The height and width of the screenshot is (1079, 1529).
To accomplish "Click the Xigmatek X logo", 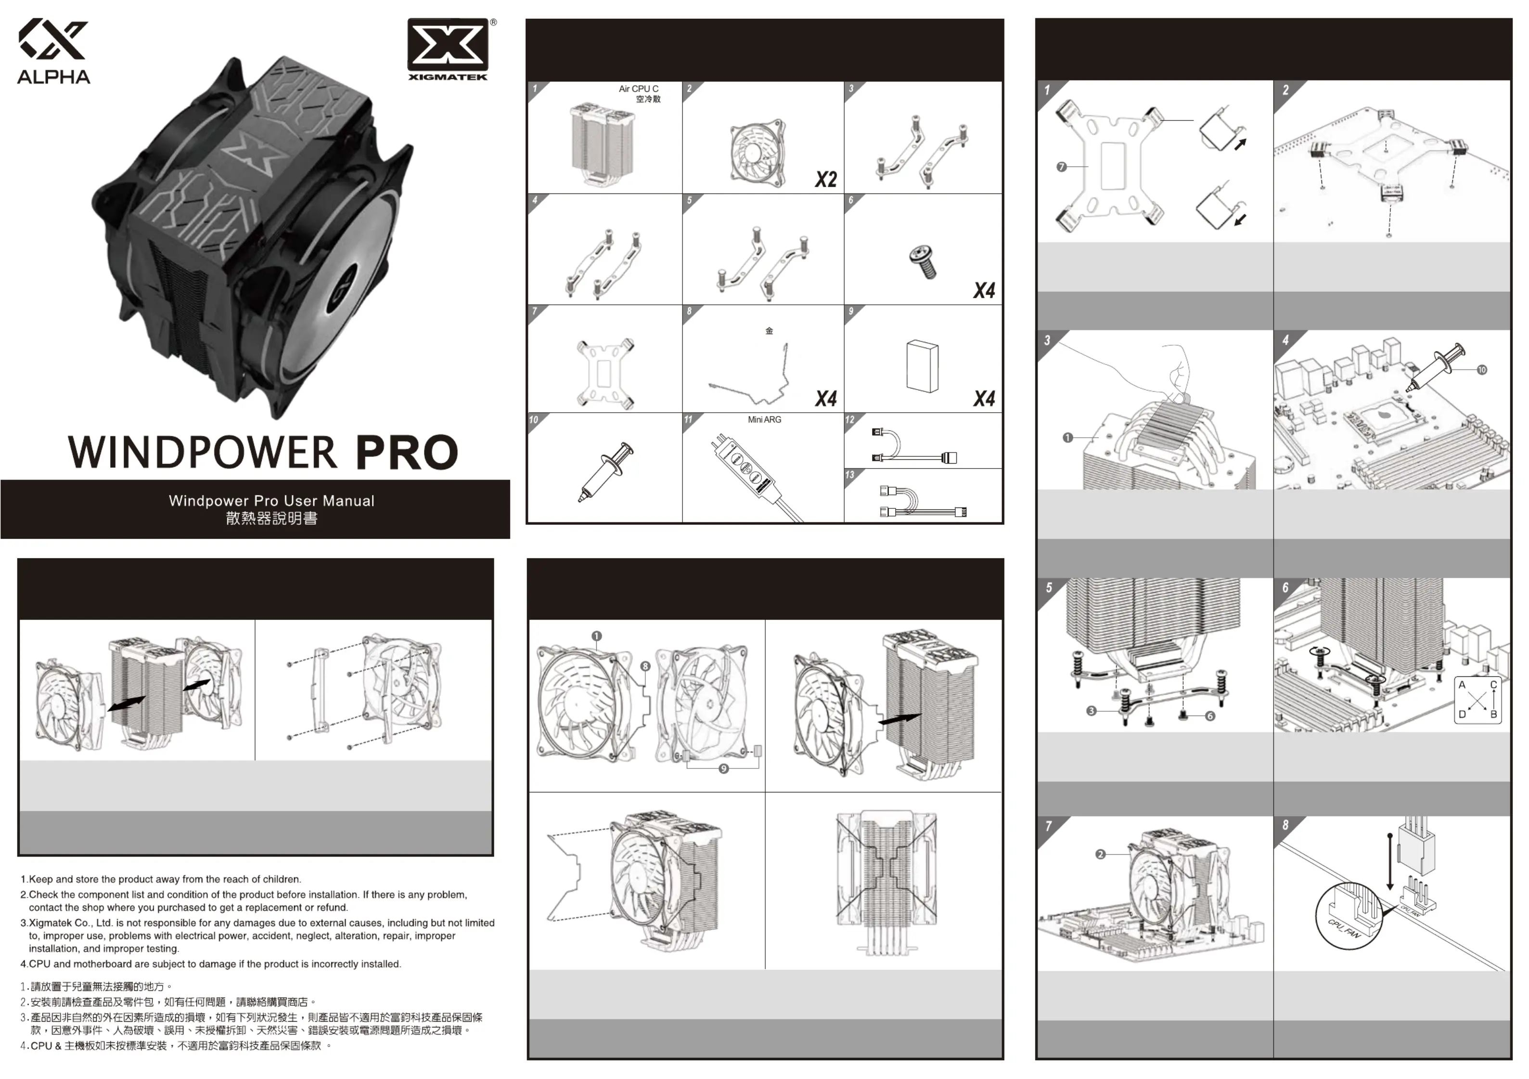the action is pos(448,45).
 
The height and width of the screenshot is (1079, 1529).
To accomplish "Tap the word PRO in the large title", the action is pos(407,453).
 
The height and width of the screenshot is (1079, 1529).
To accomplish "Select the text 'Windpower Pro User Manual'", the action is pos(272,501).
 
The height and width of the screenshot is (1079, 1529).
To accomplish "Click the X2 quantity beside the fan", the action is pos(826,179).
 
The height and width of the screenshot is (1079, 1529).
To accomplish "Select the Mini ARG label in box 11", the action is pos(764,420).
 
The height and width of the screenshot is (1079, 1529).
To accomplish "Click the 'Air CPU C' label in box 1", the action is pos(638,89).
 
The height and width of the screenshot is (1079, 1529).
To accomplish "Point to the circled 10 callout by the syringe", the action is pos(1482,370).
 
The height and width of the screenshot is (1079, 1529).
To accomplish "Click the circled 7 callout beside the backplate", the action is pos(1062,167).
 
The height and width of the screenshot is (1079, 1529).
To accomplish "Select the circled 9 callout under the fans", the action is pos(724,768).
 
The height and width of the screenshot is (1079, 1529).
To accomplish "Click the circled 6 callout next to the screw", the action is pos(1210,716).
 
